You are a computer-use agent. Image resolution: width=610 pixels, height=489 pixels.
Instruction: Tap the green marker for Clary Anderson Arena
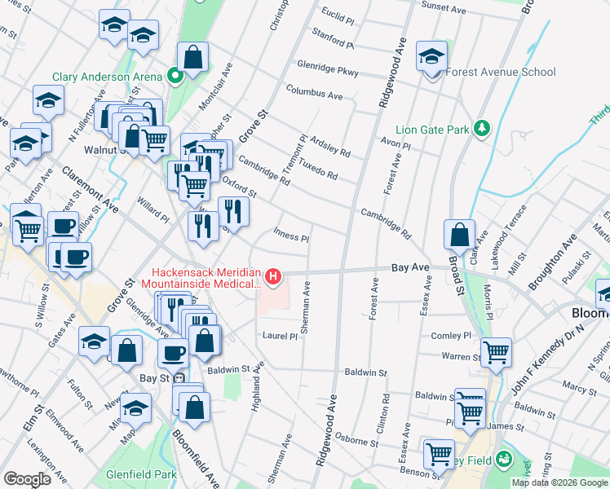click(175, 77)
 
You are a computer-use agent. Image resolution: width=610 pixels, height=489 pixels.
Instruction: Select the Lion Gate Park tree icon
click(482, 129)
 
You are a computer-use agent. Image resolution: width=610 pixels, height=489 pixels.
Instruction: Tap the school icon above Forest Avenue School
click(431, 55)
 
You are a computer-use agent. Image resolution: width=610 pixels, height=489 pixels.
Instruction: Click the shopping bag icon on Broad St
click(460, 234)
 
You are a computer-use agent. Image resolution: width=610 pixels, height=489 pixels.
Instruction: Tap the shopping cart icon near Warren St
click(496, 352)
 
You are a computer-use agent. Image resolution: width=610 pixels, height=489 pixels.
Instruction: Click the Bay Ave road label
click(410, 267)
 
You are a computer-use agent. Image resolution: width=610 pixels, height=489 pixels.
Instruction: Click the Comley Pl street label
click(451, 335)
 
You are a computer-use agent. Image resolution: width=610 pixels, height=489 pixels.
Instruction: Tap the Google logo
click(27, 479)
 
